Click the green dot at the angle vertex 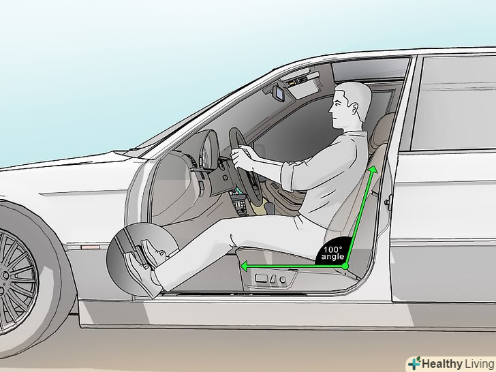click(x=345, y=266)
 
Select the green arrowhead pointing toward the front click(x=244, y=266)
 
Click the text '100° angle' click(x=332, y=253)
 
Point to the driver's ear click(x=354, y=109)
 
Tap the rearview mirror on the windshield click(x=279, y=93)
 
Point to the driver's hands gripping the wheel click(x=241, y=156)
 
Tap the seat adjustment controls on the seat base click(x=270, y=279)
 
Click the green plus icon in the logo click(x=414, y=363)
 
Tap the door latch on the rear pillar click(x=389, y=202)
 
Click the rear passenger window click(x=453, y=103)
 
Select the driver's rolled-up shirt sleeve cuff click(x=288, y=176)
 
